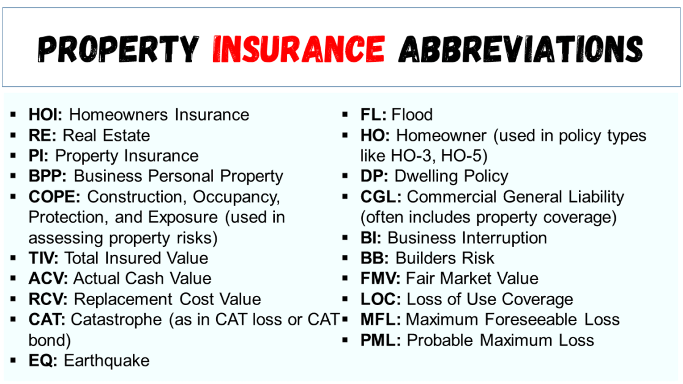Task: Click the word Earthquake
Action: pos(106,361)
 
